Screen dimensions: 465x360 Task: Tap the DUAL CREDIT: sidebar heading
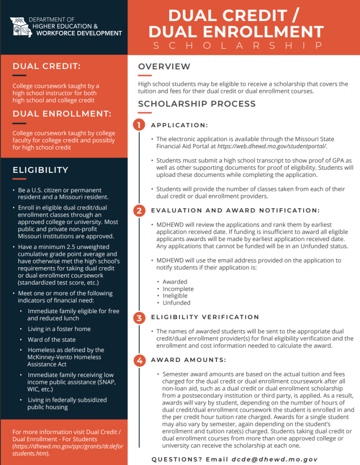[x=46, y=66]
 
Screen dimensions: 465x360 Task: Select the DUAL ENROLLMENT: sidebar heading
[x=62, y=113]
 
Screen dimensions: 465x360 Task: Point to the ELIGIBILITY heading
[x=40, y=170]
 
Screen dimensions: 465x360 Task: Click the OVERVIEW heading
[x=164, y=67]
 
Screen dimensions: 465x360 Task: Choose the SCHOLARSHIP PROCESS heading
[x=197, y=104]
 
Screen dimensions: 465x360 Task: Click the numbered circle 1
[x=139, y=125]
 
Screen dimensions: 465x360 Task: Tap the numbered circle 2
[x=139, y=210]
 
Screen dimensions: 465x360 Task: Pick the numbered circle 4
[x=139, y=360]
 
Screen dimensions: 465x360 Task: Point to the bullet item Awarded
[x=175, y=282]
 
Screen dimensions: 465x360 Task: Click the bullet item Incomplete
[x=178, y=289]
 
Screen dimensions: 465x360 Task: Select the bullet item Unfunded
[x=176, y=303]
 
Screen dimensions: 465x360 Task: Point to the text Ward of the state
[x=52, y=339]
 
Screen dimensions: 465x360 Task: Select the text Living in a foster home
[x=59, y=329]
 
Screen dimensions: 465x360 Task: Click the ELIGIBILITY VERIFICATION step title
[x=205, y=317]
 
